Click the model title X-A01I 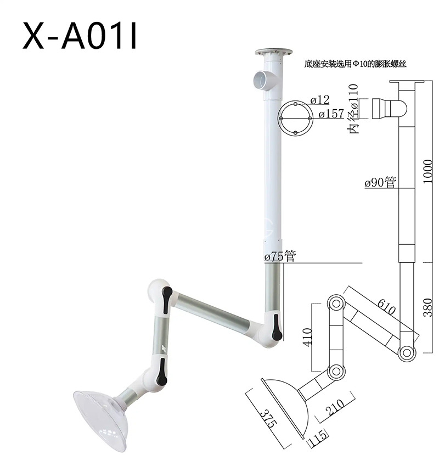(x=80, y=36)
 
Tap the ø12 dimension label (x=320, y=100)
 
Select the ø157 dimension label (x=331, y=114)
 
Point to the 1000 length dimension (x=427, y=171)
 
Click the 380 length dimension (x=428, y=307)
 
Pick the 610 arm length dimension (x=386, y=307)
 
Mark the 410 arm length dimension (x=307, y=336)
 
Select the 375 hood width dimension (x=267, y=418)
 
